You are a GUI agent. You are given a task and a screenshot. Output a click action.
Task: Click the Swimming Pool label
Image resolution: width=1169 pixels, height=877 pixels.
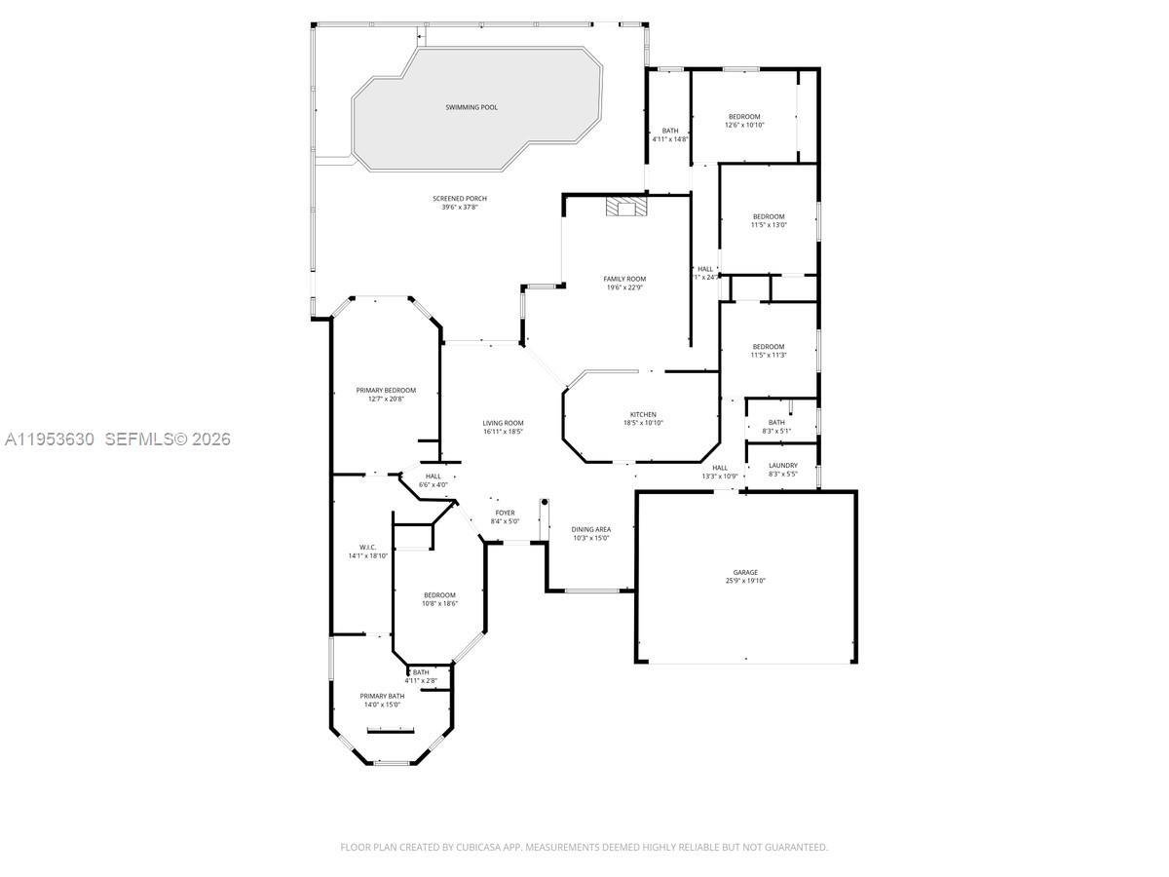pos(471,107)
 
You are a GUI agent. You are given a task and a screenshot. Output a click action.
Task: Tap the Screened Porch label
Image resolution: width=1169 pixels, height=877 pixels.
pos(460,199)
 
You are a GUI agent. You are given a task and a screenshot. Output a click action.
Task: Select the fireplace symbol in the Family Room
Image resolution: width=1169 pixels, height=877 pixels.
pos(624,207)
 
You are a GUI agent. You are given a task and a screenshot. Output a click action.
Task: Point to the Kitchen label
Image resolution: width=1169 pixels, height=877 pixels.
pos(642,415)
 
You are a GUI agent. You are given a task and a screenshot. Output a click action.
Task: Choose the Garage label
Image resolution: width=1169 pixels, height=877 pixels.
pos(745,573)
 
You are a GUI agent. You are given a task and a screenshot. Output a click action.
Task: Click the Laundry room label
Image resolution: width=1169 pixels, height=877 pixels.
pos(782,466)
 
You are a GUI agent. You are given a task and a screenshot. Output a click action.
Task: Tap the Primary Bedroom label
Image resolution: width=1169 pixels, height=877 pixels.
pos(386,391)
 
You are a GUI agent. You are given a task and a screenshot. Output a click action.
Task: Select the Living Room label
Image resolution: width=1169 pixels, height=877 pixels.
pos(503,423)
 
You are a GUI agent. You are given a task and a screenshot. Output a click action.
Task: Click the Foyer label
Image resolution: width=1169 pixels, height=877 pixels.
pos(505,513)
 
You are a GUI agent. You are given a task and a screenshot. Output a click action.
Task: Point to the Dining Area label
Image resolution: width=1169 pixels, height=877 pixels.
pos(590,529)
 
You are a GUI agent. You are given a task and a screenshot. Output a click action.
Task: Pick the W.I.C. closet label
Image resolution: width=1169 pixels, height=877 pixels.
pos(367,548)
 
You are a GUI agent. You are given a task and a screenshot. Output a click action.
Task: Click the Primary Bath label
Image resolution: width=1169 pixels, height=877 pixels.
pos(382,696)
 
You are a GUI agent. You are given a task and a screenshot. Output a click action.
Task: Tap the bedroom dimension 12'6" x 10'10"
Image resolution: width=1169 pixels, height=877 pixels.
pos(744,125)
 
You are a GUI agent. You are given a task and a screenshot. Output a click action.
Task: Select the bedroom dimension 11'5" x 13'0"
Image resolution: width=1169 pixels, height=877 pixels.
pos(768,225)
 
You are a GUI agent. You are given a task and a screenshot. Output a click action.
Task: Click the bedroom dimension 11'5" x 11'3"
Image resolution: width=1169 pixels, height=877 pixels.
pos(768,355)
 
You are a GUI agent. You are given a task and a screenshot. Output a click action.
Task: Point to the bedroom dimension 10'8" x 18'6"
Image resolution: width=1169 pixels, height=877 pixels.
pos(439,603)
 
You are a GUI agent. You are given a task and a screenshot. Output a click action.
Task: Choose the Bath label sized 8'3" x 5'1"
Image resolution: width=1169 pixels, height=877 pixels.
pos(775,422)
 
